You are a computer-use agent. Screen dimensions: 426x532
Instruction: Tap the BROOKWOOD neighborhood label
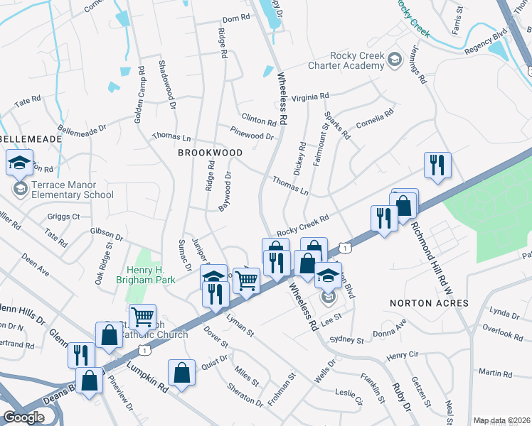(x=210, y=153)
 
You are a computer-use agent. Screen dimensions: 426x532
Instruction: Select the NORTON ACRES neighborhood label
(x=429, y=303)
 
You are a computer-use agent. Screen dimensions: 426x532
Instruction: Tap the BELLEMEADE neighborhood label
(x=30, y=139)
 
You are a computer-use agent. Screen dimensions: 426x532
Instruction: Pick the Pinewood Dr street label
(x=252, y=132)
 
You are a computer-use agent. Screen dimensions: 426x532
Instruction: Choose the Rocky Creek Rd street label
(x=303, y=225)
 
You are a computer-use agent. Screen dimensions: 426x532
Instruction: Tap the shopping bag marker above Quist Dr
(x=182, y=372)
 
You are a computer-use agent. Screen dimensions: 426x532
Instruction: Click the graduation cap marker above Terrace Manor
(x=19, y=163)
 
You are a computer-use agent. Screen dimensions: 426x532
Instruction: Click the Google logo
(x=23, y=417)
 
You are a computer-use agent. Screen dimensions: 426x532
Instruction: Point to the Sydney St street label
(x=346, y=340)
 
